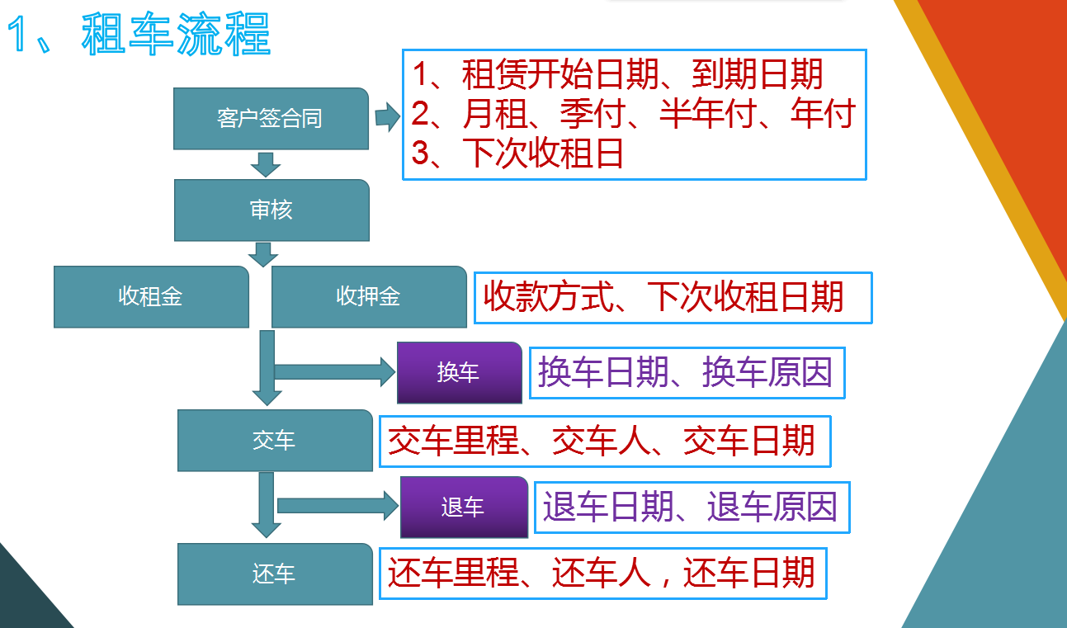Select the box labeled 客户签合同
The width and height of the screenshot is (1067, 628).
271,119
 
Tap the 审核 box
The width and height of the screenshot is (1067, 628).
271,210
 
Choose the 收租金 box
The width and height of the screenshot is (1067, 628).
152,297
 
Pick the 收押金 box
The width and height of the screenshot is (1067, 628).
369,297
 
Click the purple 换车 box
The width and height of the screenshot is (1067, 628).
460,373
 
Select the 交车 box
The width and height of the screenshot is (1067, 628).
276,441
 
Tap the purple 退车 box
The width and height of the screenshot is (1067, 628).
465,507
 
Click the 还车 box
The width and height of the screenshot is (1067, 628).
276,574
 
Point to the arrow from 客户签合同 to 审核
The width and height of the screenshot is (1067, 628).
266,165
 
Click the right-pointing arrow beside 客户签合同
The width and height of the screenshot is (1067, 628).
387,116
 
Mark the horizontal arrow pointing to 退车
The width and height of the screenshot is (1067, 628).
338,506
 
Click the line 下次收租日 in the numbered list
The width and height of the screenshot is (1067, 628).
517,153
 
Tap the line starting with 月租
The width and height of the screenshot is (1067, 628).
634,114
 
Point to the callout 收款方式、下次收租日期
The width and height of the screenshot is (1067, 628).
673,298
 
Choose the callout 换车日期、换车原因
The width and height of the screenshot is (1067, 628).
687,373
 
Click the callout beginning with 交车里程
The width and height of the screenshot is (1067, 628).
606,441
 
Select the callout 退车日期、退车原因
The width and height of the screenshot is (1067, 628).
692,508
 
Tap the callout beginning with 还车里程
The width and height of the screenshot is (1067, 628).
603,574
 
